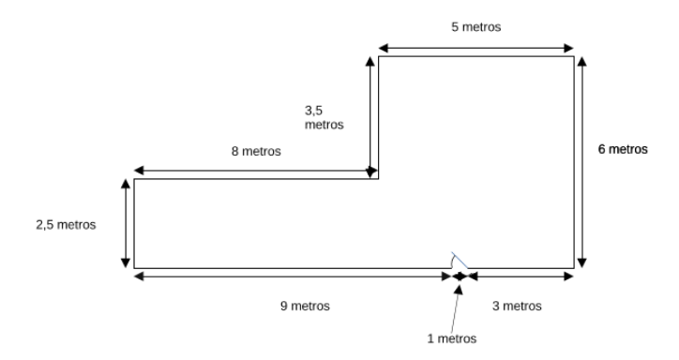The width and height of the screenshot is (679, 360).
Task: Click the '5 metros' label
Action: [x=475, y=27]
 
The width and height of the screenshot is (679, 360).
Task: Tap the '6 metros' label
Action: [x=623, y=148]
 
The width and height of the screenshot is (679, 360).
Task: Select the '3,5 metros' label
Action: [x=324, y=116]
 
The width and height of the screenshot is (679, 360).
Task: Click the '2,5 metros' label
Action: [x=67, y=225]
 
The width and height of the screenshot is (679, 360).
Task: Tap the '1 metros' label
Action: [x=451, y=337]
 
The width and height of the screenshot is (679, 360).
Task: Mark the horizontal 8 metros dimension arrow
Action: [x=255, y=171]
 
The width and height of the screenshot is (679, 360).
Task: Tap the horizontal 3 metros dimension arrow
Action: [x=521, y=276]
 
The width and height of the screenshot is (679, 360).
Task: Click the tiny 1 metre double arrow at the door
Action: [x=460, y=276]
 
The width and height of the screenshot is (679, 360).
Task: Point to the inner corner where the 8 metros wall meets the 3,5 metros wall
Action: [x=378, y=178]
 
